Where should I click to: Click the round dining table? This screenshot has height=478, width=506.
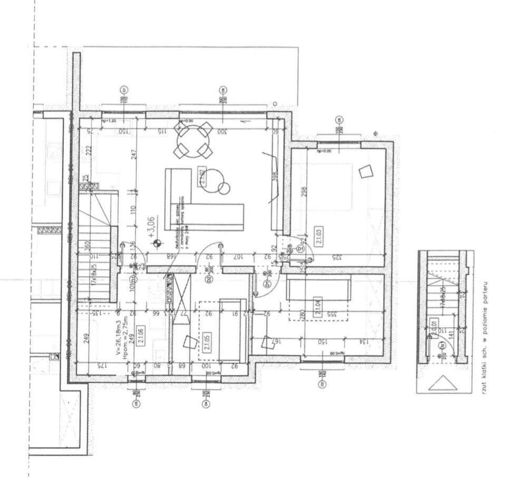click(x=194, y=140)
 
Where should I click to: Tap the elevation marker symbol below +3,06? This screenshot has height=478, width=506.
click(x=156, y=243)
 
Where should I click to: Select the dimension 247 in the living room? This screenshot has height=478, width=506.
click(x=133, y=155)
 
